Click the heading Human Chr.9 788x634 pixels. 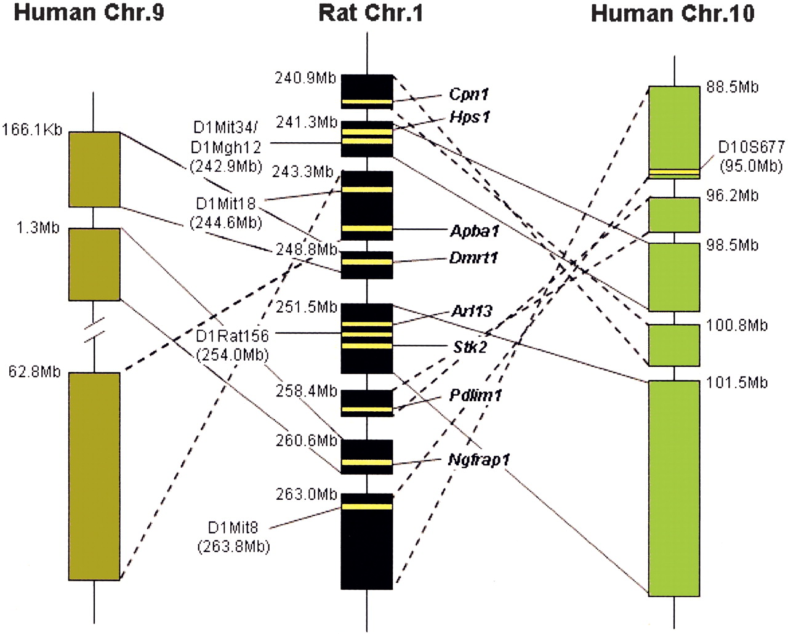89,12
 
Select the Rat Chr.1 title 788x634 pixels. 371,12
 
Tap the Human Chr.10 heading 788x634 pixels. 672,13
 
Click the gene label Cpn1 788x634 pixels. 468,94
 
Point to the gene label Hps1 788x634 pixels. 470,117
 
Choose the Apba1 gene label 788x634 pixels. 474,231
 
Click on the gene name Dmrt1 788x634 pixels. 473,257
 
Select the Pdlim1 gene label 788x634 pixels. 475,395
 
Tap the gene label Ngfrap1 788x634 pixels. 479,459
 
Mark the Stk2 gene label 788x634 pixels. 470,347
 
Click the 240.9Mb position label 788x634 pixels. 305,78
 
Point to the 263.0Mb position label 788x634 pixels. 307,494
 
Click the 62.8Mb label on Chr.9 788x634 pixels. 34,372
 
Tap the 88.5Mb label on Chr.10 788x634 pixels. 732,87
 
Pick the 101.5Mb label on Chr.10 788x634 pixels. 737,383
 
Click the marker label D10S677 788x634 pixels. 752,146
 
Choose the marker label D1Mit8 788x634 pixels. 233,528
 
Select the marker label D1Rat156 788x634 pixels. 232,336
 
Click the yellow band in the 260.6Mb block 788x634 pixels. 367,462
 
